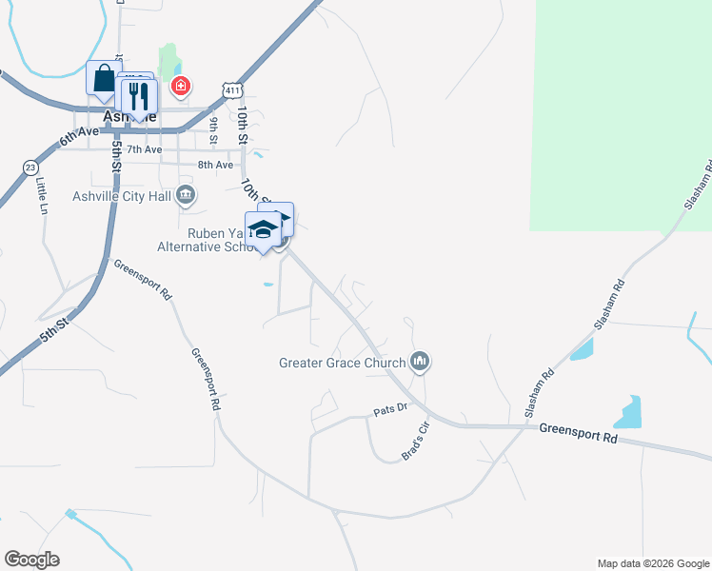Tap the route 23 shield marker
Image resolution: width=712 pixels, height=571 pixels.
point(30,167)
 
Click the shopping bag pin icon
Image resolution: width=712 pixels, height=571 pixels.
point(103,79)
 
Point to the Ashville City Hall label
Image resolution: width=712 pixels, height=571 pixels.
point(121,197)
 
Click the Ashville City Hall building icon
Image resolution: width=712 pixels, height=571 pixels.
point(187,197)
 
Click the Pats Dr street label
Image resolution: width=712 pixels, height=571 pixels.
point(389,409)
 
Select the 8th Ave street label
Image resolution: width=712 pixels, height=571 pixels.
point(215,165)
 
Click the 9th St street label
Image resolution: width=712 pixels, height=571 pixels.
point(215,126)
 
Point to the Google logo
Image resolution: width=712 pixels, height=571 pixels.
point(31,560)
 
